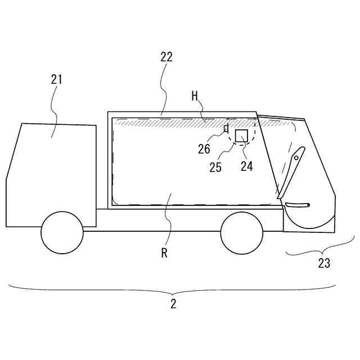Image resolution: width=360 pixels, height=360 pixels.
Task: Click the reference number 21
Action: pyautogui.click(x=56, y=79)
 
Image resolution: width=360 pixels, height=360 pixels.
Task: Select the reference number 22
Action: pyautogui.click(x=166, y=57)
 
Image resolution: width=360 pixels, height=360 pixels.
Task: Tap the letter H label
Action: pyautogui.click(x=195, y=96)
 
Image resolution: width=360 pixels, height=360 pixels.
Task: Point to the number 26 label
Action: pyautogui.click(x=204, y=149)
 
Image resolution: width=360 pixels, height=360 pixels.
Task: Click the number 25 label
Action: pyautogui.click(x=216, y=167)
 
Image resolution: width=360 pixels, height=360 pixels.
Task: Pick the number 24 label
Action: pyautogui.click(x=247, y=166)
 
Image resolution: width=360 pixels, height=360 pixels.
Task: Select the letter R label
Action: pyautogui.click(x=164, y=253)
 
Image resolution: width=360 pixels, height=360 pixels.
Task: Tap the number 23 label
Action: pyautogui.click(x=324, y=263)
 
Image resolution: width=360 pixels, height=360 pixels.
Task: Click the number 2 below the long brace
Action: pyautogui.click(x=173, y=304)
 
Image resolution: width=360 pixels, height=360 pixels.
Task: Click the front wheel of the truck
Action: pyautogui.click(x=62, y=233)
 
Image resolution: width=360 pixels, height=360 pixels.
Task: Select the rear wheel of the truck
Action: pyautogui.click(x=242, y=233)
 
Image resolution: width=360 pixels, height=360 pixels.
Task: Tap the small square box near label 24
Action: pyautogui.click(x=242, y=136)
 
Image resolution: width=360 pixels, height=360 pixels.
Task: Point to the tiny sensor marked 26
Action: pyautogui.click(x=226, y=128)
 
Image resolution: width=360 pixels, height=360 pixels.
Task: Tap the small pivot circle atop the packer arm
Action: pyautogui.click(x=296, y=157)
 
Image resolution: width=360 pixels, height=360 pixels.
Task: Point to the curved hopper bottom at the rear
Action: pyautogui.click(x=309, y=222)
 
